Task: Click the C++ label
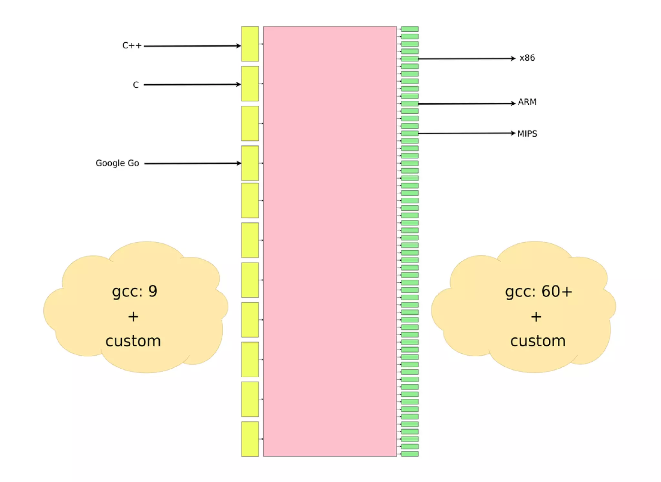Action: [x=132, y=46]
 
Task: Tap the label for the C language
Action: [x=136, y=85]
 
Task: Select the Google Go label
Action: [x=117, y=163]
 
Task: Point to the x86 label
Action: [x=527, y=58]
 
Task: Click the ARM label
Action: [x=527, y=102]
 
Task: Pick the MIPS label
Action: [x=527, y=133]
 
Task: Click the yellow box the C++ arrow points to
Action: [x=250, y=44]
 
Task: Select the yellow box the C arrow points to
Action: [x=250, y=84]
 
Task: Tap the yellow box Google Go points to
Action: [x=250, y=163]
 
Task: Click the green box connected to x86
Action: [x=410, y=59]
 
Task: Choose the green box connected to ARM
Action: [x=410, y=104]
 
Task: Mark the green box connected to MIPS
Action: [x=410, y=133]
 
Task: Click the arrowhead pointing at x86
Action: [x=513, y=58]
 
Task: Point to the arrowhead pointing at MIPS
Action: [x=513, y=133]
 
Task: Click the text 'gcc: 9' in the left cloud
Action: [x=135, y=291]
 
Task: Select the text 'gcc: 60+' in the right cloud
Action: [x=538, y=291]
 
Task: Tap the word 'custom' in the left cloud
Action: [x=133, y=341]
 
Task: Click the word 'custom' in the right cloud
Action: [x=538, y=341]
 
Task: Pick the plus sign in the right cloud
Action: [x=536, y=317]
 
